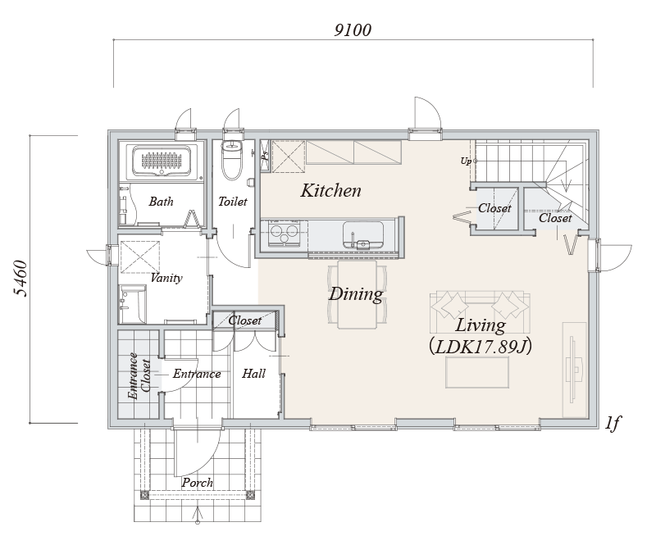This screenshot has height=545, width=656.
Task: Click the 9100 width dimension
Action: [x=353, y=30]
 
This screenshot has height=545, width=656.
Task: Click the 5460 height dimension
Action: [x=20, y=279]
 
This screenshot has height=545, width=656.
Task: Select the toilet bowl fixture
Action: [x=232, y=160]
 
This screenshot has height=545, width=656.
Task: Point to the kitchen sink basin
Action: [x=363, y=235]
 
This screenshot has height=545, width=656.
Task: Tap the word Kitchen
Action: [x=331, y=191]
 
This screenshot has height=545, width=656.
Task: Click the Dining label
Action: [x=356, y=294]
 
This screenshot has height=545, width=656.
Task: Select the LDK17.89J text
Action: [x=481, y=347]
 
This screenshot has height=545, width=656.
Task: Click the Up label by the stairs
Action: [x=466, y=161]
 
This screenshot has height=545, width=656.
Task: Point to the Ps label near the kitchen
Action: [x=265, y=154]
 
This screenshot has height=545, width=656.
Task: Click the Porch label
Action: [x=197, y=483]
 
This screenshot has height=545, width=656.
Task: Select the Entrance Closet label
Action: [x=139, y=376]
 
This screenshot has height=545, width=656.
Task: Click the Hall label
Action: [x=253, y=373]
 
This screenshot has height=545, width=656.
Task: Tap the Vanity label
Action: [x=166, y=278]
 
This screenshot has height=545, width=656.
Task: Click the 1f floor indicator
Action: [x=612, y=423]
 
